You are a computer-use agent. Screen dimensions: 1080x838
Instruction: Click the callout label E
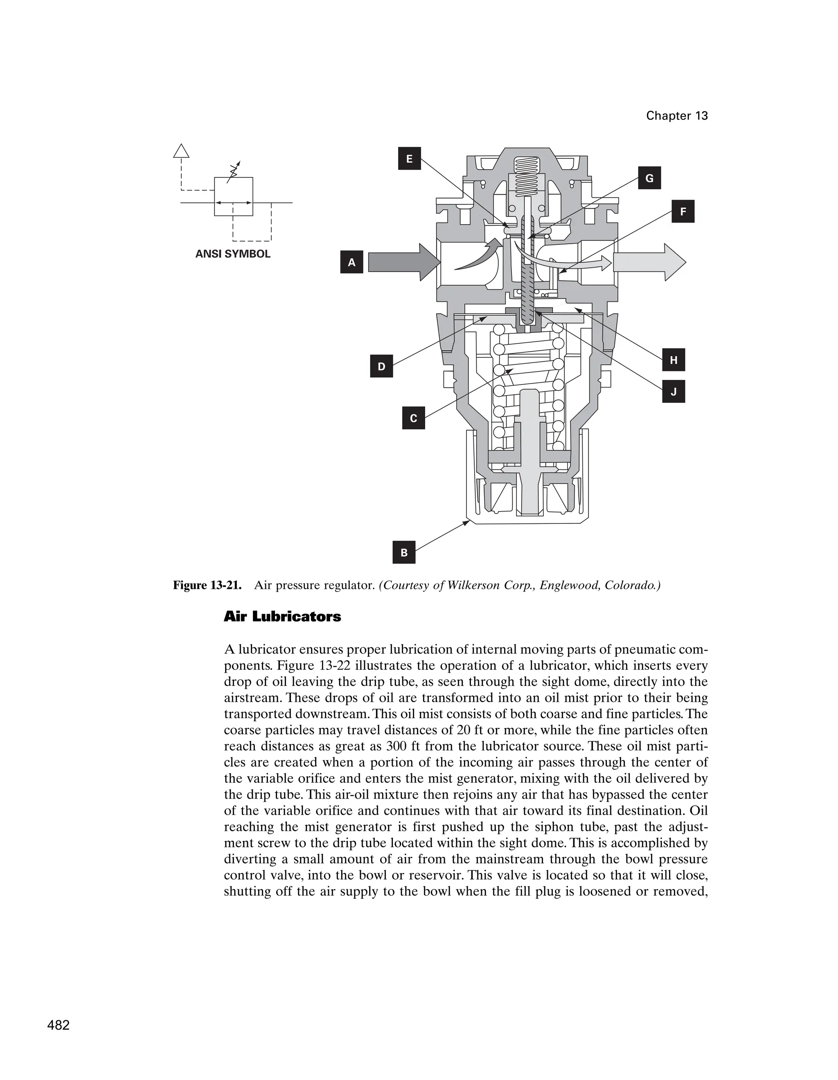(409, 159)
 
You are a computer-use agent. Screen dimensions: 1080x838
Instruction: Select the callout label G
(649, 179)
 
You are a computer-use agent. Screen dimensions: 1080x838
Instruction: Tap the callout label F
(683, 212)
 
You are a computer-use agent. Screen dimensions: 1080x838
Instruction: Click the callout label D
(381, 366)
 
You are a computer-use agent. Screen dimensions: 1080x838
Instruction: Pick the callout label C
(414, 418)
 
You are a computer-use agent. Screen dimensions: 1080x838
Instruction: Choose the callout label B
(404, 552)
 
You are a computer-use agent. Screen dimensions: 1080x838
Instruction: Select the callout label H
(673, 360)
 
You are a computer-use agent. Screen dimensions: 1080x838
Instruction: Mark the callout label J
(673, 392)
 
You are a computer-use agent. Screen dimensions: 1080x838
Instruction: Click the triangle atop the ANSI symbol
(181, 151)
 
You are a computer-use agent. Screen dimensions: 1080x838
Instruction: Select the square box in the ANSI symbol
(234, 196)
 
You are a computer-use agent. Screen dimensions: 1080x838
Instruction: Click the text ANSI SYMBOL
(232, 254)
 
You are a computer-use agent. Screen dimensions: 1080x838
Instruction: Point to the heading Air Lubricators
(282, 617)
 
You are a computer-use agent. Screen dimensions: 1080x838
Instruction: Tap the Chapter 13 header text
(676, 116)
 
